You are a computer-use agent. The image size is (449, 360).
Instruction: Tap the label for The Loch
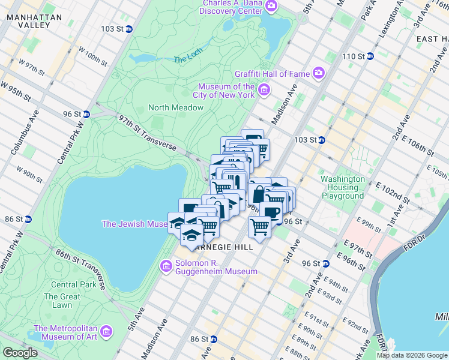pos(185,60)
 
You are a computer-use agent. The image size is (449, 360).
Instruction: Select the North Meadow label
pos(176,107)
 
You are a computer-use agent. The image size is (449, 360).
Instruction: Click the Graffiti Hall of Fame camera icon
pos(318,74)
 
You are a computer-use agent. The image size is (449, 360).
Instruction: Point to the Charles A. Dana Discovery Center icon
pos(271,7)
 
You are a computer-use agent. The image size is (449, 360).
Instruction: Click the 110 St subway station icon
pos(370,56)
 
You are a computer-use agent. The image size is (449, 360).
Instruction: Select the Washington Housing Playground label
pos(342,187)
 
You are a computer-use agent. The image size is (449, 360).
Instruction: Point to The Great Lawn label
pos(62,301)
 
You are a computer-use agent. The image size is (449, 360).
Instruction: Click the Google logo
pos(20,353)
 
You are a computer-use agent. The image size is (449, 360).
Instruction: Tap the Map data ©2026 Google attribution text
pos(411,355)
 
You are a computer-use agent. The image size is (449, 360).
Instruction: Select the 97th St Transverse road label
pos(146,133)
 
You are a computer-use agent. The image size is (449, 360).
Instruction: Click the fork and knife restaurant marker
pos(237,181)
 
